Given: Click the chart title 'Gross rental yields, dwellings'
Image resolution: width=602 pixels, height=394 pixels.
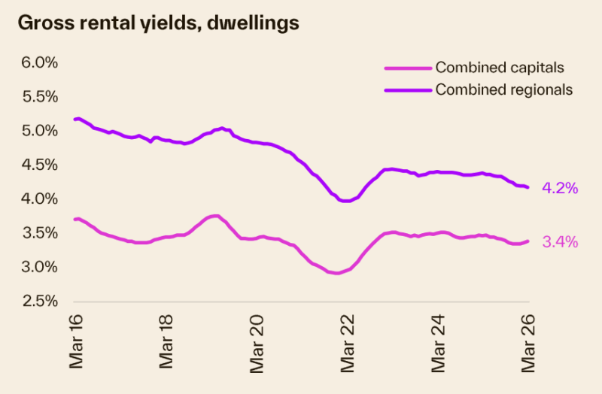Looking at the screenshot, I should pos(158,23).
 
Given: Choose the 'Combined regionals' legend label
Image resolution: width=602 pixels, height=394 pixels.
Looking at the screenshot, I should pos(504,89).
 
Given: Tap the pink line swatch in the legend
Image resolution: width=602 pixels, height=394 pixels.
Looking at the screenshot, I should pos(409,68).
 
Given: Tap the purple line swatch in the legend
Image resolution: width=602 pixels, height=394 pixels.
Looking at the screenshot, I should pos(409,89).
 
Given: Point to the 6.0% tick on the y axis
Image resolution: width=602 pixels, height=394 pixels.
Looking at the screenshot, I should pos(39,62).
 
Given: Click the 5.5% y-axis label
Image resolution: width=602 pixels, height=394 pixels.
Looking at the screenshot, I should pos(39,96).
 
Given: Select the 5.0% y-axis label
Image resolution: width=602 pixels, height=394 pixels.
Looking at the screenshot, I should pos(39,131).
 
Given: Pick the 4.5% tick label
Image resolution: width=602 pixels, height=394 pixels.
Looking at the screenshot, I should pos(39,165).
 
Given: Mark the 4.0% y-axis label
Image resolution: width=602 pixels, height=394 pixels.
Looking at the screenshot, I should pos(39,199).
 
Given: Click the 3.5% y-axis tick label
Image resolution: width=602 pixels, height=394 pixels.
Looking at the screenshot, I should pos(39,233).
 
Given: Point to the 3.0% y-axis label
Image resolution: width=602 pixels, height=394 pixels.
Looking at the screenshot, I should pos(39,267).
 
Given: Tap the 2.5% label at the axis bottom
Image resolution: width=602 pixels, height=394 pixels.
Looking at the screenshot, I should pos(39,301).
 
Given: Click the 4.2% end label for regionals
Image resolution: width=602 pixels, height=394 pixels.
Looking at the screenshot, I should pos(560,189).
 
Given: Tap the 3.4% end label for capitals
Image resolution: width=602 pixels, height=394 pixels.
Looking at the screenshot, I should pos(560,242).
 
